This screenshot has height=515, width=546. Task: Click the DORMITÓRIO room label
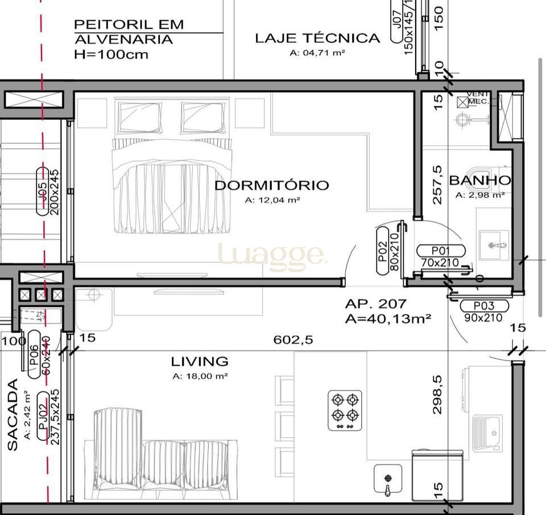click(271, 185)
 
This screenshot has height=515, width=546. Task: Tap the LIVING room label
click(200, 362)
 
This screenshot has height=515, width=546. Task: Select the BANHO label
click(479, 181)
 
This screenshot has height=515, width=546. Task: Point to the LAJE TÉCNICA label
click(317, 39)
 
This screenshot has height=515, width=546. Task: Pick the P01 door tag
click(441, 251)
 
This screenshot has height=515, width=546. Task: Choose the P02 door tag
click(383, 250)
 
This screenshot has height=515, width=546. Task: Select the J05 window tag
click(43, 191)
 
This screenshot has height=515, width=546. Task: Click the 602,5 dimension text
click(293, 340)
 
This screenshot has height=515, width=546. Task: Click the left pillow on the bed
click(139, 117)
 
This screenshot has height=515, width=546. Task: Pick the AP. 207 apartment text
click(375, 304)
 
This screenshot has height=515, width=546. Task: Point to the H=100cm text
click(111, 55)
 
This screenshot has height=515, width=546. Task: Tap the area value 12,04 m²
click(272, 200)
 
